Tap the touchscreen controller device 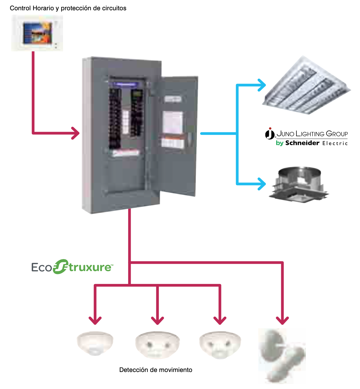tap(37, 33)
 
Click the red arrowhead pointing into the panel tap(76, 133)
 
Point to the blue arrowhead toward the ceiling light tap(261, 85)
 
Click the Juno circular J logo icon tap(270, 134)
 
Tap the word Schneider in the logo tap(302, 143)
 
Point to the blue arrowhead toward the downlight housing tap(261, 184)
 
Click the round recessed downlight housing tap(299, 185)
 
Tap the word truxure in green tap(90, 267)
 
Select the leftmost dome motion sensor tap(95, 343)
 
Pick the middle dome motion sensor tap(157, 345)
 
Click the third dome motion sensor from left tap(220, 345)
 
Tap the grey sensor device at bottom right tap(282, 356)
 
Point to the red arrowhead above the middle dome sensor tap(157, 320)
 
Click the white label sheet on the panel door tap(173, 122)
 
